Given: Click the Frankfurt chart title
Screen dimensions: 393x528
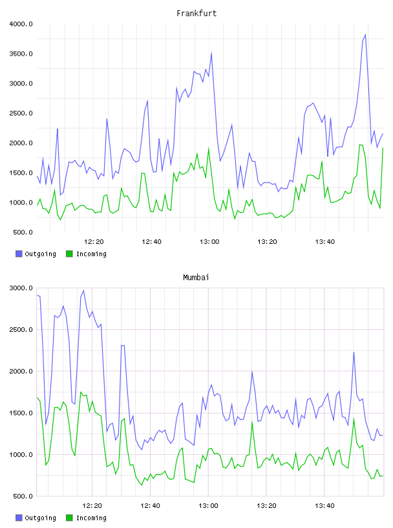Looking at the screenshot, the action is coord(197,13).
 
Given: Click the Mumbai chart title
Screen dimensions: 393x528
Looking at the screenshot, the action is coord(196,277).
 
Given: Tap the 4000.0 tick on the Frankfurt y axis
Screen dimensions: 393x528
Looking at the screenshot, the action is coord(21,24).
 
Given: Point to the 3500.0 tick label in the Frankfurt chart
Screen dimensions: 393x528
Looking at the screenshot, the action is coord(21,54).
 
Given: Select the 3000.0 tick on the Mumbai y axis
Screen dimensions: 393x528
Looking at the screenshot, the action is coord(21,288).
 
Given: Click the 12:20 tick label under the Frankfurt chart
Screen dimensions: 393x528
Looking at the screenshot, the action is coord(94,241).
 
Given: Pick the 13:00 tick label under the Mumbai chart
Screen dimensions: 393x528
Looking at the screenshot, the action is coord(208,505).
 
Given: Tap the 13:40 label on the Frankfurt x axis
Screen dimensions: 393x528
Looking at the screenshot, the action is coord(324,241).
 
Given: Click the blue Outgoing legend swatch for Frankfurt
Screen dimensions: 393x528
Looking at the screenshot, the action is coord(19,254).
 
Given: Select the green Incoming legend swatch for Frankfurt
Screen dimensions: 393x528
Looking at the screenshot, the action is coord(69,254).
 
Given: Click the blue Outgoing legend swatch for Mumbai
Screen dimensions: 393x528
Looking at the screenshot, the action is coord(19,518).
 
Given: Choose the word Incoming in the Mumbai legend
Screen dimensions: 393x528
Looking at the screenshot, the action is coord(91,518).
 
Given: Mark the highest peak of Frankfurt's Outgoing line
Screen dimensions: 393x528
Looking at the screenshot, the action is coord(365,35).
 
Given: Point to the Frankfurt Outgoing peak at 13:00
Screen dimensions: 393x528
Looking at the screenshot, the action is coord(211,52).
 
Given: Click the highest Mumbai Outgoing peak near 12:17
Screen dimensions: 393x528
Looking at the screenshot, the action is coord(83,291).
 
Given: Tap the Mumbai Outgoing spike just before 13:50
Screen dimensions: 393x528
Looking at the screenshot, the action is coord(354,352).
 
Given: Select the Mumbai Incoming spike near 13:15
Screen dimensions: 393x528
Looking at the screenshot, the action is coord(252,422).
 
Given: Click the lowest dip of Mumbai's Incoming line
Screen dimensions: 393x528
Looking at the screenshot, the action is coord(142,485).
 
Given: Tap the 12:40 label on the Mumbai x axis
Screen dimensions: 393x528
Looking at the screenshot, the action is coord(150,505).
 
